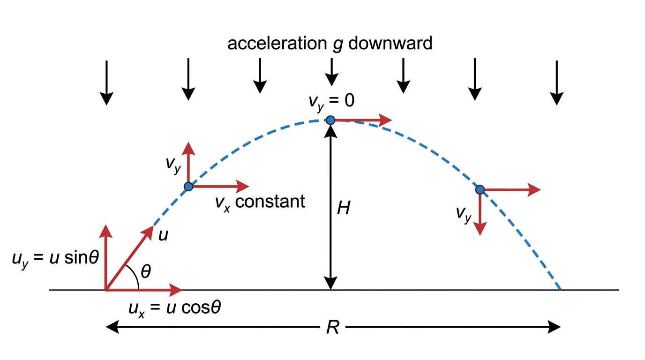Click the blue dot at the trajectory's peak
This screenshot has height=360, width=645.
330,120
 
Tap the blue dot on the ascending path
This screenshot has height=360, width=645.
188,187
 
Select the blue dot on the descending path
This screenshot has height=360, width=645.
480,189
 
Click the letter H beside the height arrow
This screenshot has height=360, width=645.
344,208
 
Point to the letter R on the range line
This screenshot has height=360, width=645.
333,328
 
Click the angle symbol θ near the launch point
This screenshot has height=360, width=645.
146,271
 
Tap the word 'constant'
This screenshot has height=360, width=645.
270,201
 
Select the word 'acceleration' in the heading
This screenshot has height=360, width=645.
277,44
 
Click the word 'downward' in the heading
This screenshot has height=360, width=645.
390,43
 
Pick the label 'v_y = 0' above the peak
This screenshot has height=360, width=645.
331,101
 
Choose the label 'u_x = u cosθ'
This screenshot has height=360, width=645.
175,309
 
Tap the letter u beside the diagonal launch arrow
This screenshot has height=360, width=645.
163,236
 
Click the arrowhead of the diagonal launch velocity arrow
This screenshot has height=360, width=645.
149,232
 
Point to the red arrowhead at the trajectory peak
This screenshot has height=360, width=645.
385,120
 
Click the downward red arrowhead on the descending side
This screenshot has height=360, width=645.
480,229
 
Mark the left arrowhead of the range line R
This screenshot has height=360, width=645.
112,327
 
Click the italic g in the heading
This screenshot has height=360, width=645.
337,45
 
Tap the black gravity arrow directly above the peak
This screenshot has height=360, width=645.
331,72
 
